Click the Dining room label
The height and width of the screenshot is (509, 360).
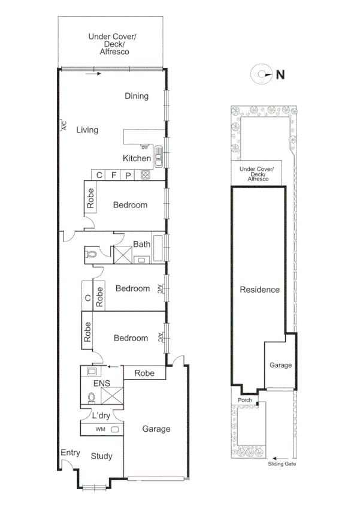(137, 96)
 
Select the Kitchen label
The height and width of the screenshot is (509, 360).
(137, 158)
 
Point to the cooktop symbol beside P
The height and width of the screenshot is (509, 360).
(145, 175)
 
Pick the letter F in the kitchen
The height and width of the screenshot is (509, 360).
(114, 175)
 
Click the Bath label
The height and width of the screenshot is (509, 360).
(142, 244)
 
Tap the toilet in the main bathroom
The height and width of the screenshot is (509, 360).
(92, 254)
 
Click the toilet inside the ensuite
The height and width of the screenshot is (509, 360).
(92, 397)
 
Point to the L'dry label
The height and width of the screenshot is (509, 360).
(100, 415)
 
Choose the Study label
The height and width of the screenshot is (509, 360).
(101, 456)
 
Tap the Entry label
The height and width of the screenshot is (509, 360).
(70, 453)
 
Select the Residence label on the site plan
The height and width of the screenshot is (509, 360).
(259, 290)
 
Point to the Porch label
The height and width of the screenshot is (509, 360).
(244, 400)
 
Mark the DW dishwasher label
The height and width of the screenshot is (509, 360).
(144, 147)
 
